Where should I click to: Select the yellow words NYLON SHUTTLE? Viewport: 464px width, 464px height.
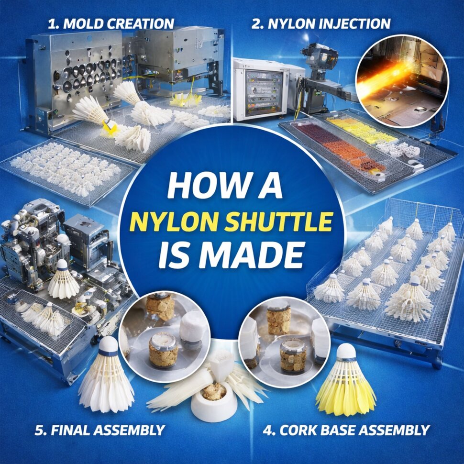tap(231, 222)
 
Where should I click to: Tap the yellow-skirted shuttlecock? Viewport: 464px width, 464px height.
tap(346, 380)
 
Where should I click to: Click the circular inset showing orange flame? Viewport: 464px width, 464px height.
tap(402, 81)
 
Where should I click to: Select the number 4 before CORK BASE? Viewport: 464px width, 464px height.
tap(268, 430)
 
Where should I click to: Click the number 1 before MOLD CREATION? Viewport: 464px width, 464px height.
tap(52, 23)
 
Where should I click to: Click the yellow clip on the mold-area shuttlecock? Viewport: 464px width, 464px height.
tap(109, 126)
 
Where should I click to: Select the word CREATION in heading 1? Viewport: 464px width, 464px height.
tap(141, 23)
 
